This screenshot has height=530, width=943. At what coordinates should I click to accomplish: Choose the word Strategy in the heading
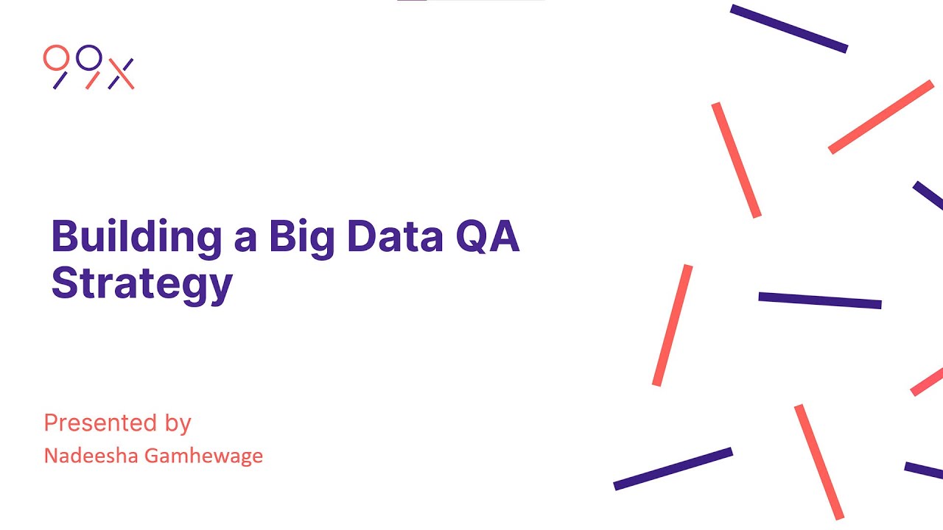coord(141,283)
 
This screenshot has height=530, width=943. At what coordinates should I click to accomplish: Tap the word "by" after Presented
coord(178,425)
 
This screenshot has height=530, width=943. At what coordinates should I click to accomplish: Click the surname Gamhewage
coord(203,456)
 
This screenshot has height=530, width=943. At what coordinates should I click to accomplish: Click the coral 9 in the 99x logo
coord(56,66)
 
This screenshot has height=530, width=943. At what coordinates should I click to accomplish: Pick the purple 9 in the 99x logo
coord(89,66)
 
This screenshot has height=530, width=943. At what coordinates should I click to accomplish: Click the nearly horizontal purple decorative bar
coord(820,300)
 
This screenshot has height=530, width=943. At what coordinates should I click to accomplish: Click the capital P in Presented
coord(50,423)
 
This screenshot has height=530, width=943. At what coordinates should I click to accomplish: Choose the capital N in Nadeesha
coord(50,456)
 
